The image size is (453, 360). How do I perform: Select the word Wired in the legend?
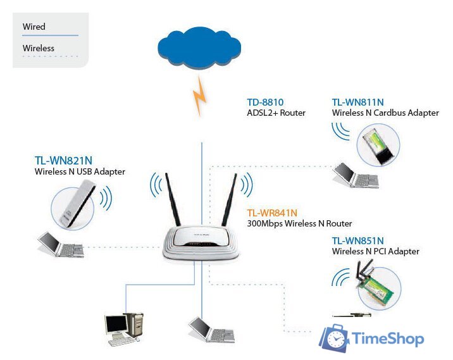pos(34,27)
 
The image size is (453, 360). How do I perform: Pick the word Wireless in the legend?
pos(38,48)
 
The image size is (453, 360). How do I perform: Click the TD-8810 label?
pos(265,102)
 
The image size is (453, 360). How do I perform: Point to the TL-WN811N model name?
pos(358,102)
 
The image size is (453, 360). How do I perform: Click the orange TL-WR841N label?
pos(272,213)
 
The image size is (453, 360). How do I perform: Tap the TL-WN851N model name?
pos(358,240)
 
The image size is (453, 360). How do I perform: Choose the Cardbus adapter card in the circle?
pos(378,144)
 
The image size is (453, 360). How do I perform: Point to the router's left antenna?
pos(173,199)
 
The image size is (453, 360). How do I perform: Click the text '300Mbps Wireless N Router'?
pos(299,224)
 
